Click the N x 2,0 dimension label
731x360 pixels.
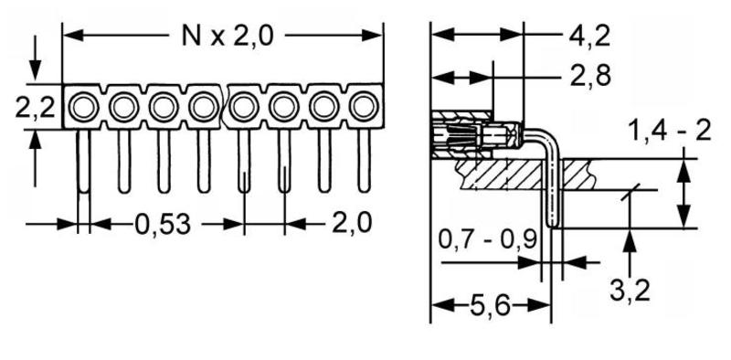(227, 36)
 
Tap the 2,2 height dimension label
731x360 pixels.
(36, 107)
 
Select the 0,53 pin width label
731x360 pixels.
(163, 224)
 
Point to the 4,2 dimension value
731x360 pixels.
(589, 36)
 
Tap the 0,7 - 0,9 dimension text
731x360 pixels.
(488, 240)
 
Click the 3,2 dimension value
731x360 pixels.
(630, 291)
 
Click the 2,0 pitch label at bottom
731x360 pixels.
(352, 223)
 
